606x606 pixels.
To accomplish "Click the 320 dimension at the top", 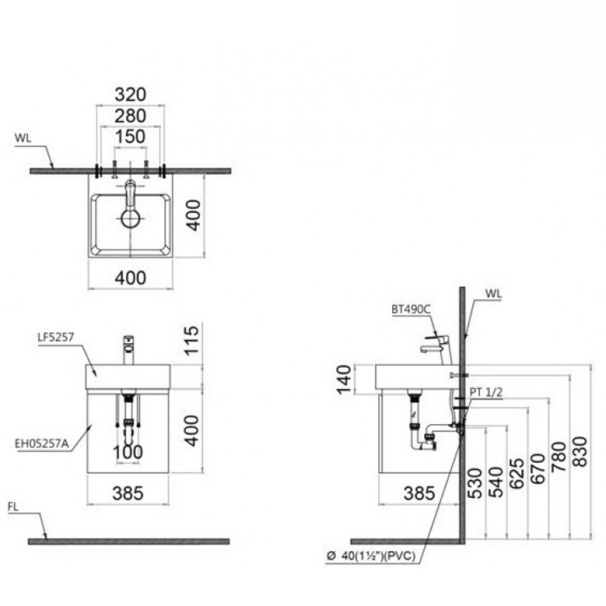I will point(130,95).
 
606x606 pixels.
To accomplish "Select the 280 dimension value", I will point(130,115).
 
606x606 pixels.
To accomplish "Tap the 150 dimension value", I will point(130,137).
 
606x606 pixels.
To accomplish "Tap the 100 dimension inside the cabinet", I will point(128,452).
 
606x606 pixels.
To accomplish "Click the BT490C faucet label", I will point(410,308).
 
